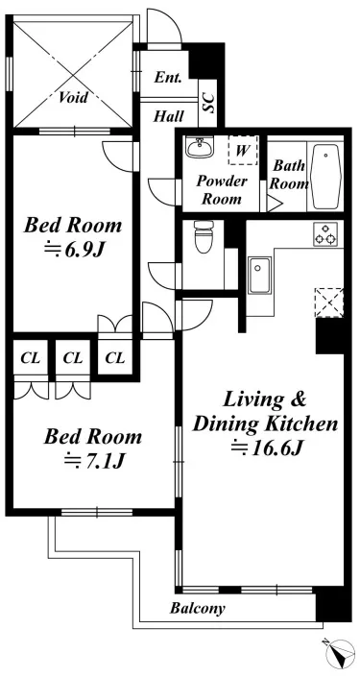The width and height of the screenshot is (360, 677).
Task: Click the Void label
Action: pyautogui.click(x=73, y=97)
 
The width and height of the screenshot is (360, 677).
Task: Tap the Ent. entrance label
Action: pyautogui.click(x=168, y=78)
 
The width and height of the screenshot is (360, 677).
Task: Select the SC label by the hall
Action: pyautogui.click(x=210, y=104)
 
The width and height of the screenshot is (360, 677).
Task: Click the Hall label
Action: pyautogui.click(x=169, y=116)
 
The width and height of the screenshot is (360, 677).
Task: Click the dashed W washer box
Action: pyautogui.click(x=243, y=150)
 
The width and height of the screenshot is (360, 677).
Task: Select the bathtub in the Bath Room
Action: pyautogui.click(x=326, y=176)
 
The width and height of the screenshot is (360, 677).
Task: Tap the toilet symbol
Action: pyautogui.click(x=203, y=236)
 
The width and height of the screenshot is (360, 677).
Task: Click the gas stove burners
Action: pyautogui.click(x=324, y=234)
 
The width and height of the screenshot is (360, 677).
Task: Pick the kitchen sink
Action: pyautogui.click(x=259, y=276)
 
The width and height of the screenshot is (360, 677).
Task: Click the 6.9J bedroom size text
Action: pyautogui.click(x=74, y=250)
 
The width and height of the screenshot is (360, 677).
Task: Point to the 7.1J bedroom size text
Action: pyautogui.click(x=94, y=461)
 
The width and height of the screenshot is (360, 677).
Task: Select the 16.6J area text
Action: pyautogui.click(x=266, y=447)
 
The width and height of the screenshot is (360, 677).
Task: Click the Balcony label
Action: pyautogui.click(x=197, y=609)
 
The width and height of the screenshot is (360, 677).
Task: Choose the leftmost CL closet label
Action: pyautogui.click(x=31, y=358)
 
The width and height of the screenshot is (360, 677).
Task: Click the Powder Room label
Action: pyautogui.click(x=222, y=190)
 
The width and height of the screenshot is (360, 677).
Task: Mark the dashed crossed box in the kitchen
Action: pyautogui.click(x=329, y=302)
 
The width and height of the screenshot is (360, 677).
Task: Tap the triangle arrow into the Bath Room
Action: pyautogui.click(x=274, y=204)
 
